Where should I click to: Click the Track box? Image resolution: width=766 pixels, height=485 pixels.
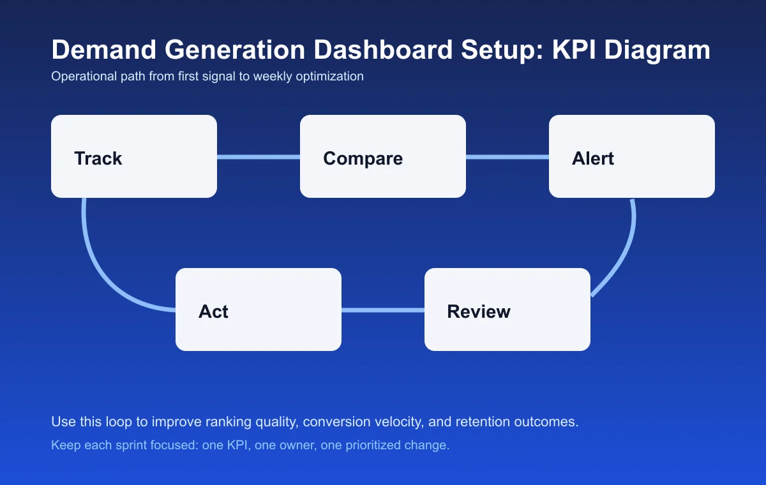(x=134, y=156)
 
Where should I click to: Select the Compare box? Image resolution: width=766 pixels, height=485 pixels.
(x=383, y=156)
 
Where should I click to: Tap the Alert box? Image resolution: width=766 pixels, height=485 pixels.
(x=632, y=156)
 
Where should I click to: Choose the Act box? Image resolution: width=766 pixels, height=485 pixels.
(x=259, y=310)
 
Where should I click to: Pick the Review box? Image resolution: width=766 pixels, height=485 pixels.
(x=507, y=310)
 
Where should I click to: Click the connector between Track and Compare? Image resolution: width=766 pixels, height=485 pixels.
(x=259, y=157)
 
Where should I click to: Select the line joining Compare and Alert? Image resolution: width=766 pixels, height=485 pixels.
(x=507, y=157)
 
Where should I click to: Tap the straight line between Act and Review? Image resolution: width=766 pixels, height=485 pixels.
(x=383, y=310)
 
